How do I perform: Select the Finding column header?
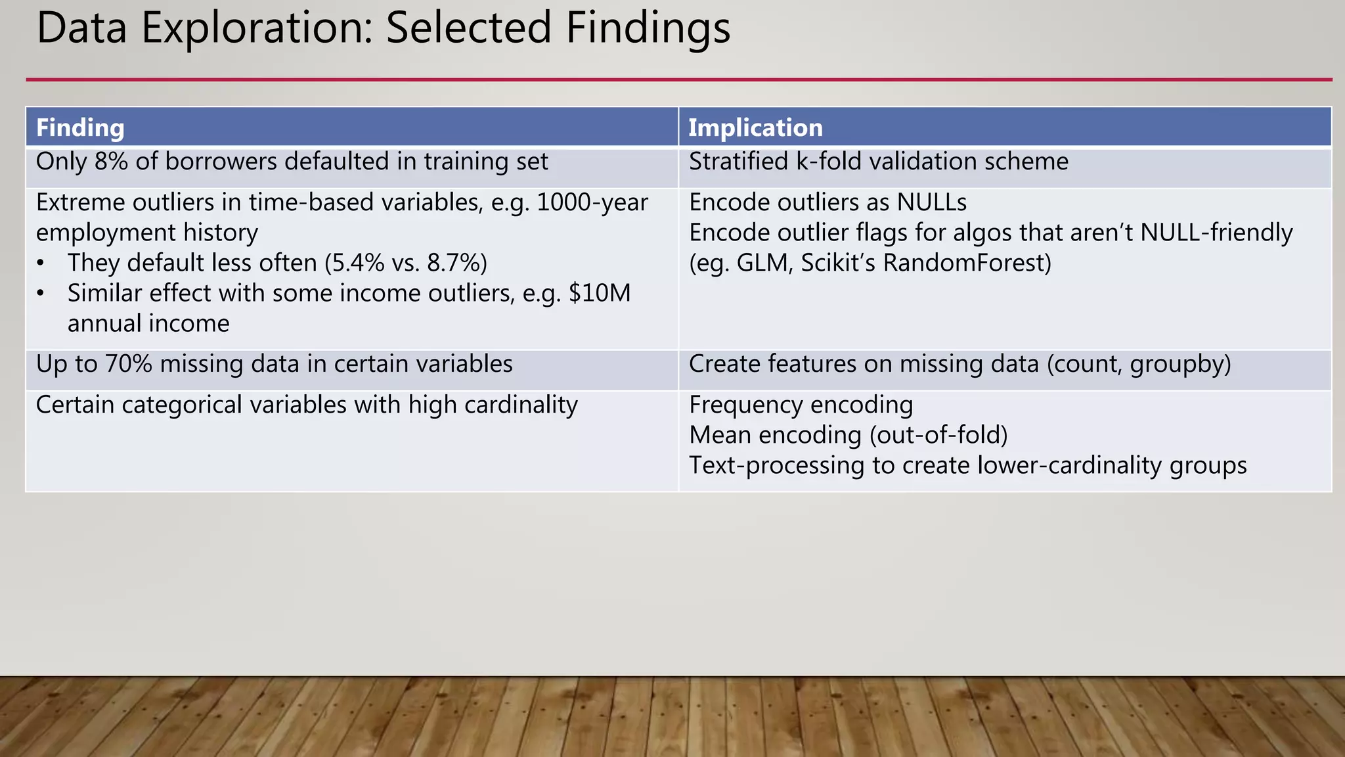pyautogui.click(x=80, y=127)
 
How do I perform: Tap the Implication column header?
pyautogui.click(x=755, y=127)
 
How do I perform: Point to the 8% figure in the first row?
pyautogui.click(x=111, y=162)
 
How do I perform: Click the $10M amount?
pyautogui.click(x=600, y=293)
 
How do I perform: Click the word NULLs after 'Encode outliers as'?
pyautogui.click(x=932, y=202)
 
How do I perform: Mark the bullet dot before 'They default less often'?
pyautogui.click(x=41, y=263)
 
